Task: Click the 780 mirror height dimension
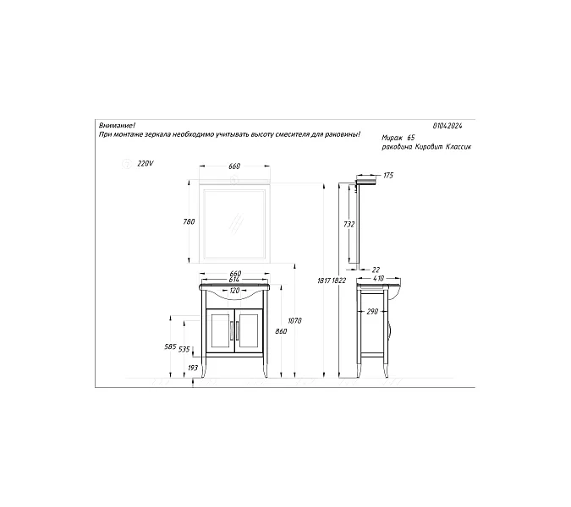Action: pos(189,221)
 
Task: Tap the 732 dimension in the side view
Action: pos(349,225)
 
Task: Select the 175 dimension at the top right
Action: pos(388,176)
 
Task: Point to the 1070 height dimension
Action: pos(294,321)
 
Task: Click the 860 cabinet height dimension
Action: pos(281,331)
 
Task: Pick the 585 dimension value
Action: pos(170,346)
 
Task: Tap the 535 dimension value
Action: pos(184,350)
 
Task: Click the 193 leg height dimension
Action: pos(193,368)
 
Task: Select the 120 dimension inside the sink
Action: pos(235,291)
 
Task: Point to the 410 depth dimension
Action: pos(378,279)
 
